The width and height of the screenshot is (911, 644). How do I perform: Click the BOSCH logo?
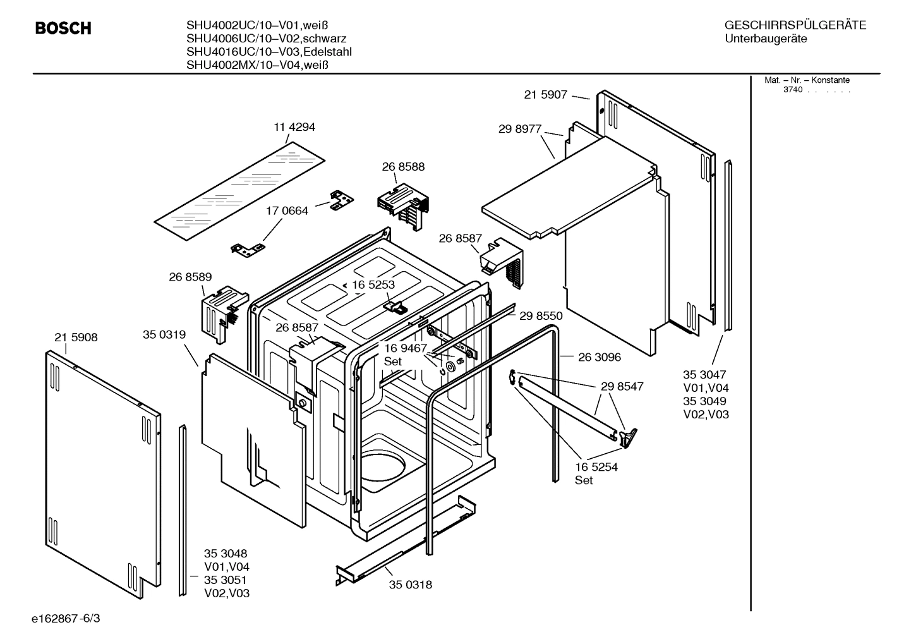63,28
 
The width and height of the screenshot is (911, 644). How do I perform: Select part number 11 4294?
294,127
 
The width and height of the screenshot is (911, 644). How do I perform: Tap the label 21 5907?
546,95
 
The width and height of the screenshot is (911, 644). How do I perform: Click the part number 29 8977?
520,129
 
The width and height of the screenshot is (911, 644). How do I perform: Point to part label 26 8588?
403,167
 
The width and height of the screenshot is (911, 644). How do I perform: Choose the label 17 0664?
287,211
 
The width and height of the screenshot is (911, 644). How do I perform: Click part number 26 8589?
190,277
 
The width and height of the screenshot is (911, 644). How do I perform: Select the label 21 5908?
76,337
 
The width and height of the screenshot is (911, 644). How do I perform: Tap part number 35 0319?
164,335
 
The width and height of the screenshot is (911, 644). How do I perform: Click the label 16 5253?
373,285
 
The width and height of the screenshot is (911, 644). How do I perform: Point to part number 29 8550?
541,315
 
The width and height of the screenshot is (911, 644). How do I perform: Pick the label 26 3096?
600,357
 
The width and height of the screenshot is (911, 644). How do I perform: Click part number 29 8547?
622,386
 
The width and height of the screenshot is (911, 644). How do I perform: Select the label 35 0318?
411,585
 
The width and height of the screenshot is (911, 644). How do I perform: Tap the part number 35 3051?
226,580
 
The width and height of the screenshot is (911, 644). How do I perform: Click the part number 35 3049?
704,401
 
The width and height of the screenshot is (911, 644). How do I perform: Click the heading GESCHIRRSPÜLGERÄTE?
795,26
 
